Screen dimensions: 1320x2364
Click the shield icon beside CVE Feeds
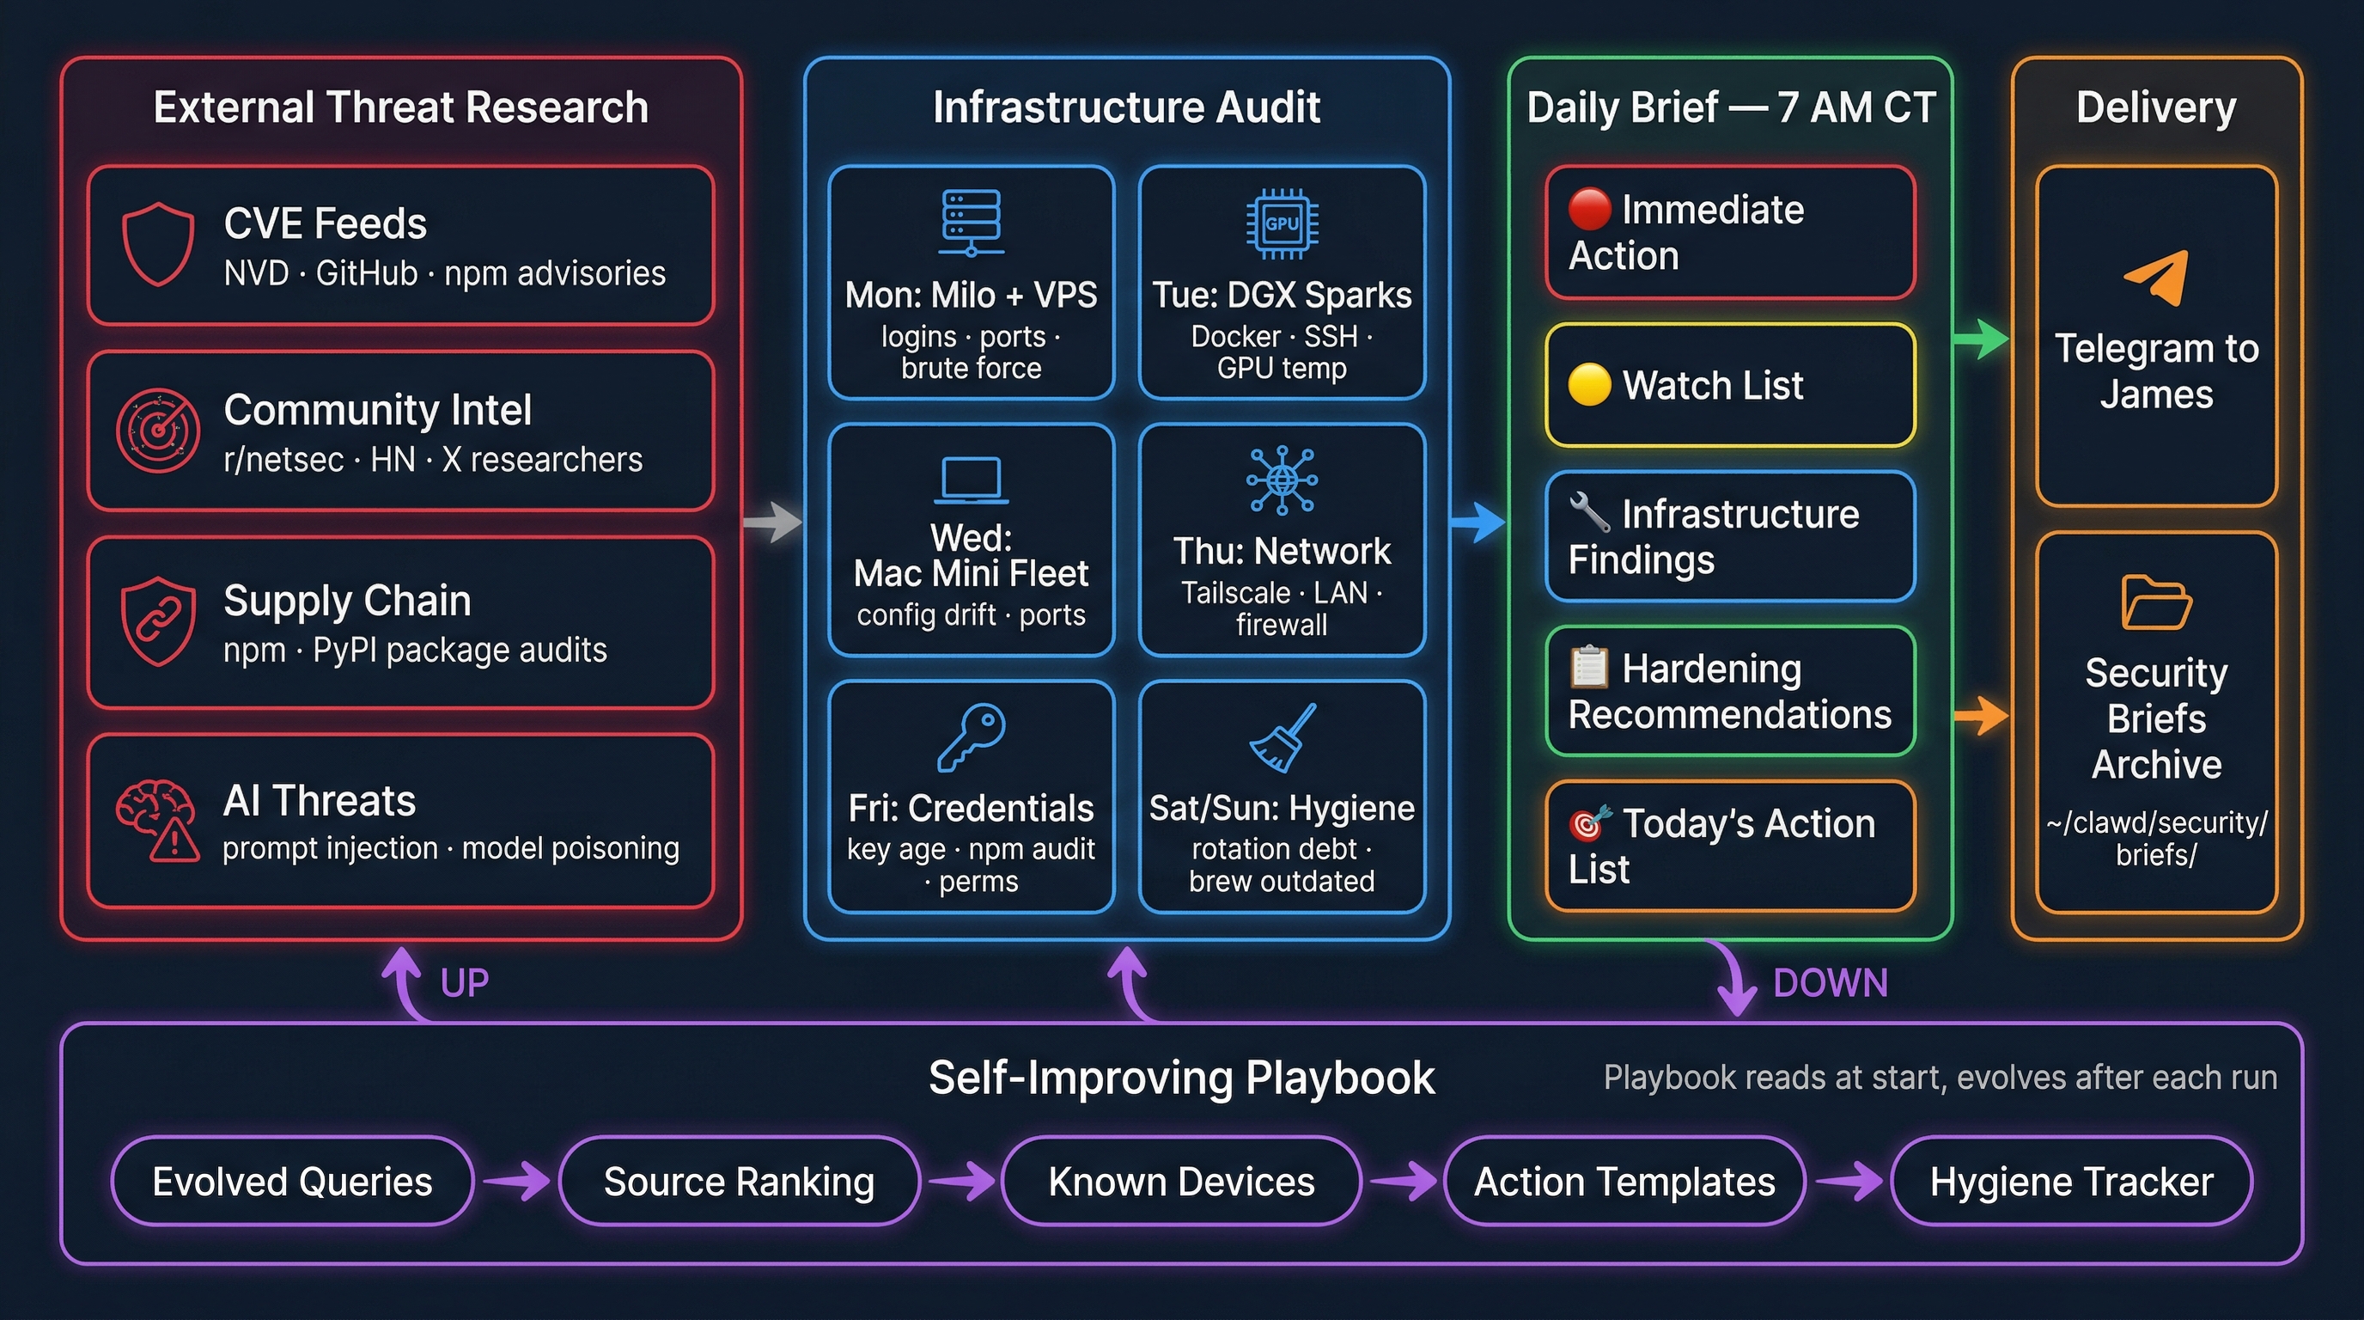pyautogui.click(x=158, y=243)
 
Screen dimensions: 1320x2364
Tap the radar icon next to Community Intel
pyautogui.click(x=158, y=430)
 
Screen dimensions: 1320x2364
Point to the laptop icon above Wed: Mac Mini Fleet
pyautogui.click(x=971, y=480)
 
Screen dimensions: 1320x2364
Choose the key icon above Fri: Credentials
pyautogui.click(x=971, y=736)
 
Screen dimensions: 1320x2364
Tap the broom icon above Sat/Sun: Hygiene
pyautogui.click(x=1282, y=737)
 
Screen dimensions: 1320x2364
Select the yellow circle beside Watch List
pyautogui.click(x=1589, y=385)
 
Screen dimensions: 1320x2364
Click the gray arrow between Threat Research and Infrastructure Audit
pyautogui.click(x=773, y=522)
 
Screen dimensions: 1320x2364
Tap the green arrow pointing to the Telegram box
pyautogui.click(x=1980, y=339)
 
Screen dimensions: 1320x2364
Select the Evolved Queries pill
pyautogui.click(x=292, y=1182)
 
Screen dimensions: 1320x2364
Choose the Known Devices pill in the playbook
pyautogui.click(x=1181, y=1182)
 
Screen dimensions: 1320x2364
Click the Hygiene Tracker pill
pyautogui.click(x=2071, y=1182)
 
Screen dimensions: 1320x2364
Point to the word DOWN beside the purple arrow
pyautogui.click(x=1830, y=983)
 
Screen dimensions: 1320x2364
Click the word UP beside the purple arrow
pyautogui.click(x=465, y=983)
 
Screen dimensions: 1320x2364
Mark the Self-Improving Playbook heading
pyautogui.click(x=1181, y=1078)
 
